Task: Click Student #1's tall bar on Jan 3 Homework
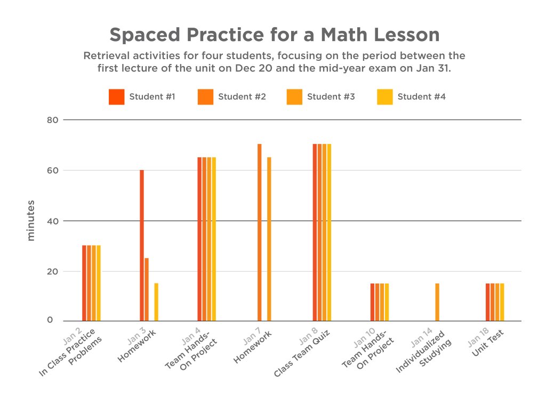point(142,245)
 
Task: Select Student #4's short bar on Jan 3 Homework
point(156,302)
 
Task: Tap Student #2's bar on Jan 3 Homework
point(147,289)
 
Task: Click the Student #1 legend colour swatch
point(116,97)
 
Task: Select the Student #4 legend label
point(421,97)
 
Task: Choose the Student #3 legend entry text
point(331,97)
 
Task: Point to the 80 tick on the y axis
point(52,120)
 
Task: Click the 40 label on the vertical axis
point(52,221)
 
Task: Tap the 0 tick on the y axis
point(50,320)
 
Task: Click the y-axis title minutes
point(30,221)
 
